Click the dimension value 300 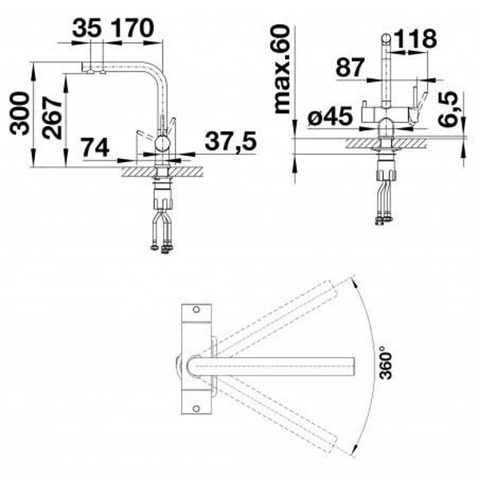coord(20,113)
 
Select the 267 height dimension coord(52,118)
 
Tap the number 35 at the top coord(87,28)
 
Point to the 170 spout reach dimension coord(132,28)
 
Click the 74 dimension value coord(95,148)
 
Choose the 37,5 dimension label coord(231,141)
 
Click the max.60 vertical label coord(282,69)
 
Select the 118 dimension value coord(415,39)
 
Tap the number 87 coord(350,67)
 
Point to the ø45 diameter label coord(331,117)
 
